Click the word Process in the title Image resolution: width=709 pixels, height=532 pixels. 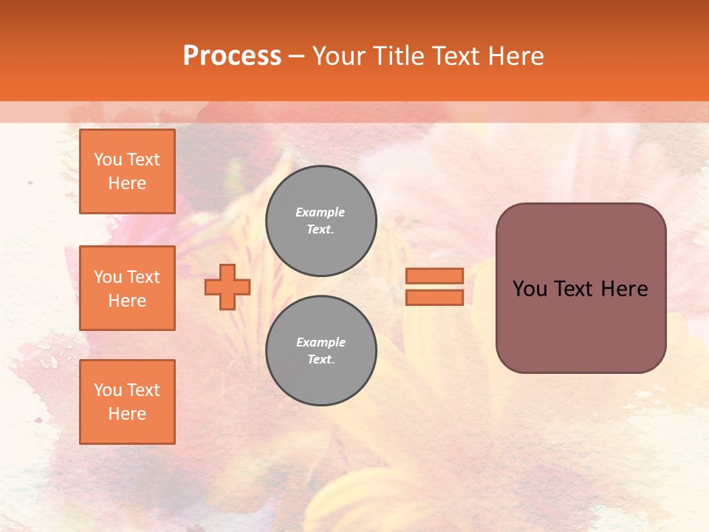pyautogui.click(x=232, y=56)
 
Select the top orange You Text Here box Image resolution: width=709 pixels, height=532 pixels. pyautogui.click(x=127, y=171)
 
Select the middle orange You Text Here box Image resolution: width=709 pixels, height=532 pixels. pyautogui.click(x=127, y=288)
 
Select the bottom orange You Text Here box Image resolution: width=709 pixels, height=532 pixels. pyautogui.click(x=127, y=402)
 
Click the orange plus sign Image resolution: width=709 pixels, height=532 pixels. pyautogui.click(x=227, y=287)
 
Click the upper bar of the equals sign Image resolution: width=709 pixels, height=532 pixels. pyautogui.click(x=434, y=276)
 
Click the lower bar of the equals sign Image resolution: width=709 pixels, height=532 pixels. pyautogui.click(x=434, y=298)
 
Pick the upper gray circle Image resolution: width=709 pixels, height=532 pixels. pyautogui.click(x=321, y=221)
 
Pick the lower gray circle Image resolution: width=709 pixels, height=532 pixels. pyautogui.click(x=321, y=351)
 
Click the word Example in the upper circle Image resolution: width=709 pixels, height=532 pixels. pyautogui.click(x=321, y=212)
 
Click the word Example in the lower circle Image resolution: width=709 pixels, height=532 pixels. pyautogui.click(x=321, y=342)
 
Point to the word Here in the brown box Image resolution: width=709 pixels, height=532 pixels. pyautogui.click(x=624, y=289)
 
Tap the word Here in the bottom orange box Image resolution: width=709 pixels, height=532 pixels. pyautogui.click(x=127, y=414)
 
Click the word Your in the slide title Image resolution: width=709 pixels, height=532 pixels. pyautogui.click(x=339, y=56)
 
